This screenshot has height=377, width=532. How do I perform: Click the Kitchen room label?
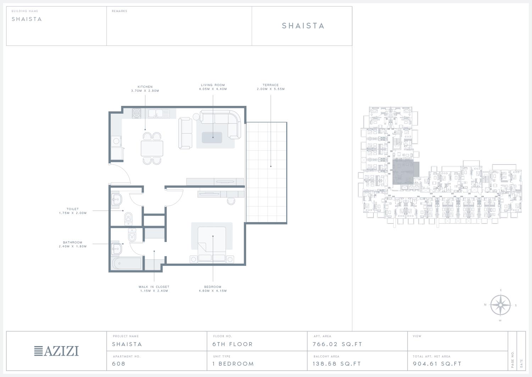145,87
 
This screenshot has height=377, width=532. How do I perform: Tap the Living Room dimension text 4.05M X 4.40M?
213,89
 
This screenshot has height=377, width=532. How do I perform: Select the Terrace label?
271,85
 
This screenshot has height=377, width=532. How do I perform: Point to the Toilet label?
72,209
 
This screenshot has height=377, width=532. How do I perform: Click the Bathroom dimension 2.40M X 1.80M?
73,246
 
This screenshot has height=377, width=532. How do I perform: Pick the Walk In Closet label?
154,287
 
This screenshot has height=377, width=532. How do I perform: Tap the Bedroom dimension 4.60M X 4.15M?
213,291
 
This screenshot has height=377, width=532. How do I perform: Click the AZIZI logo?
56,351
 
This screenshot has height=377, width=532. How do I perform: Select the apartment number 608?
118,363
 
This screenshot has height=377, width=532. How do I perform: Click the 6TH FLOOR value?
233,344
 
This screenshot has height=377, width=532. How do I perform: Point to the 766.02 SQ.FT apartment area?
337,344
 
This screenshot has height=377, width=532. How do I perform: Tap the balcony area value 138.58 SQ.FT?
337,363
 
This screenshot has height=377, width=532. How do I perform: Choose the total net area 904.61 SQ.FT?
437,363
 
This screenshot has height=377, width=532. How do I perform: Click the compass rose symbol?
500,305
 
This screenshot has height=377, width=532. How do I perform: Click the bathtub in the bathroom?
127,263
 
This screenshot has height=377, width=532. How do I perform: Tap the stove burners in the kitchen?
137,114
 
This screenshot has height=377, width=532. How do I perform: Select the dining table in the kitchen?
152,149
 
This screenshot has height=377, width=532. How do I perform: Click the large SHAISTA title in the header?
303,26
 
